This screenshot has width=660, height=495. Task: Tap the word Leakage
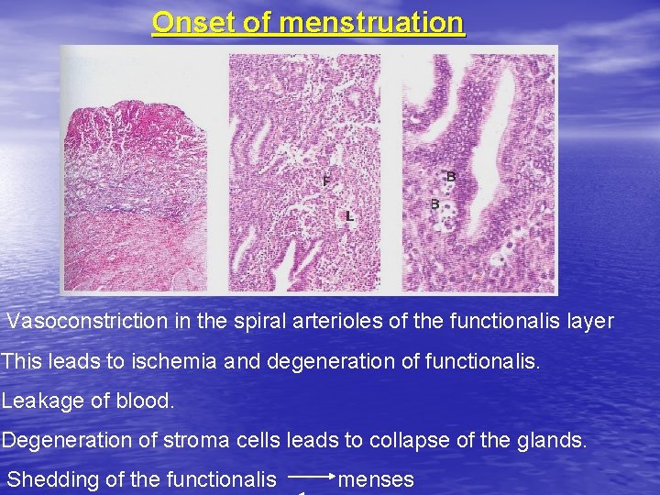click(47, 401)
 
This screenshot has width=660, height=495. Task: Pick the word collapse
click(412, 440)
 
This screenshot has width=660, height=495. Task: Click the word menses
click(377, 479)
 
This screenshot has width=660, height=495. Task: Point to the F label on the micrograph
click(326, 181)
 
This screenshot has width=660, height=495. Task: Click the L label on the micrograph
click(349, 217)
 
